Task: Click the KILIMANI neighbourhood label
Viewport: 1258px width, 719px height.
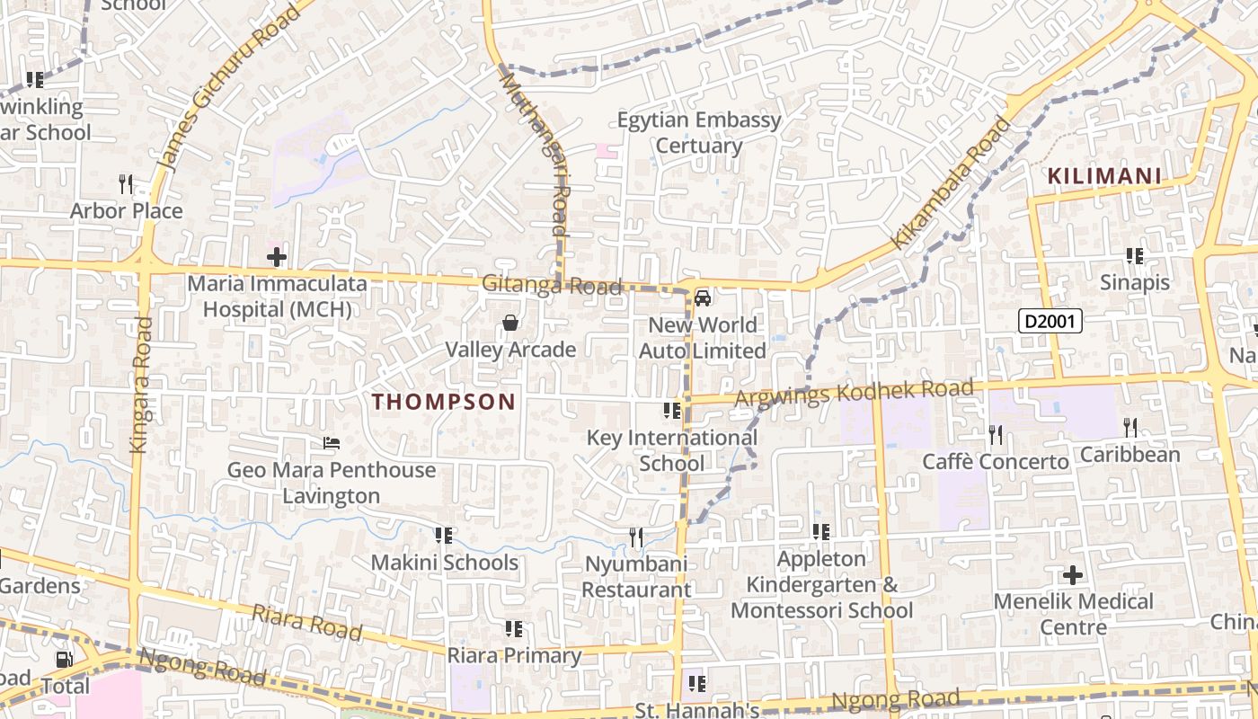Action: pos(1104,176)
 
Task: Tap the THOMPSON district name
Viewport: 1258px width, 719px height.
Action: pos(444,402)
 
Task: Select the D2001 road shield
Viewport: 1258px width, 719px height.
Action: pos(1050,320)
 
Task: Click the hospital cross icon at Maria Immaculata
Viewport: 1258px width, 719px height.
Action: pos(276,258)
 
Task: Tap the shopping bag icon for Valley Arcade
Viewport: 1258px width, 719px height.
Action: pos(510,323)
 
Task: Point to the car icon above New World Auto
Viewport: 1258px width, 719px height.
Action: pos(703,297)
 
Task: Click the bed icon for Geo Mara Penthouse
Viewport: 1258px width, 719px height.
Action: pos(331,443)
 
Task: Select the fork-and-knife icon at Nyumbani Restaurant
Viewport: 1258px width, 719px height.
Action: pos(635,537)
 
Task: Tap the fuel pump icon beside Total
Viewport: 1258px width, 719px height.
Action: pos(64,660)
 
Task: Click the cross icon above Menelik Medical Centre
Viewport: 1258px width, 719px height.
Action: pos(1073,575)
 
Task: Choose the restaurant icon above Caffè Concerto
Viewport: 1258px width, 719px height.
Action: pos(996,435)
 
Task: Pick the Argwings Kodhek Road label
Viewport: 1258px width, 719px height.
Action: pos(854,393)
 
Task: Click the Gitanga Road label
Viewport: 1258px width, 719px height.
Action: pos(552,285)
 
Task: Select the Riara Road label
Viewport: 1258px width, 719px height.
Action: pos(306,622)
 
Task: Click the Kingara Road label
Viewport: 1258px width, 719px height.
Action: pos(141,384)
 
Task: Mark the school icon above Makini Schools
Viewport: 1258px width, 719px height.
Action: pos(443,536)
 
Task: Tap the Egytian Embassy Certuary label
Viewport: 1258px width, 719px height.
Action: pos(699,132)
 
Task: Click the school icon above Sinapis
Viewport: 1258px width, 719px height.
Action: pos(1135,256)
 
